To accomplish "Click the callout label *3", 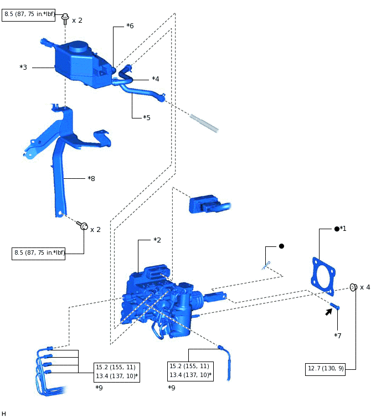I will coord(23,68).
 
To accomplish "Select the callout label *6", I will coord(130,26).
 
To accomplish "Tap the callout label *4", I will coord(155,79).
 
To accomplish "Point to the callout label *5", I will coord(146,118).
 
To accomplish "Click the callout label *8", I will coord(91,179).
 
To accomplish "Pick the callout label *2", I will coord(157,240).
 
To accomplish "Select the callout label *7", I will coord(338,336).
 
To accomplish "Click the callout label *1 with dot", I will coord(340,229).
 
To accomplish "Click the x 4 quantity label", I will coord(365,287).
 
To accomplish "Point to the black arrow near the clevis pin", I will coord(329,312).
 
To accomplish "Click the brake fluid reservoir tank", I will coord(83,63).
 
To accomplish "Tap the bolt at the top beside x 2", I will coord(65,19).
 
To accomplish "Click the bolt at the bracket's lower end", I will coord(83,226).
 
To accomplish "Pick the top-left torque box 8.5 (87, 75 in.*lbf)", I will coord(30,14).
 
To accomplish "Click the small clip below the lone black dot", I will coord(266,266).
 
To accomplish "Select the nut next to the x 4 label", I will coord(353,287).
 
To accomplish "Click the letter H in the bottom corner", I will coord(4,414).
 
